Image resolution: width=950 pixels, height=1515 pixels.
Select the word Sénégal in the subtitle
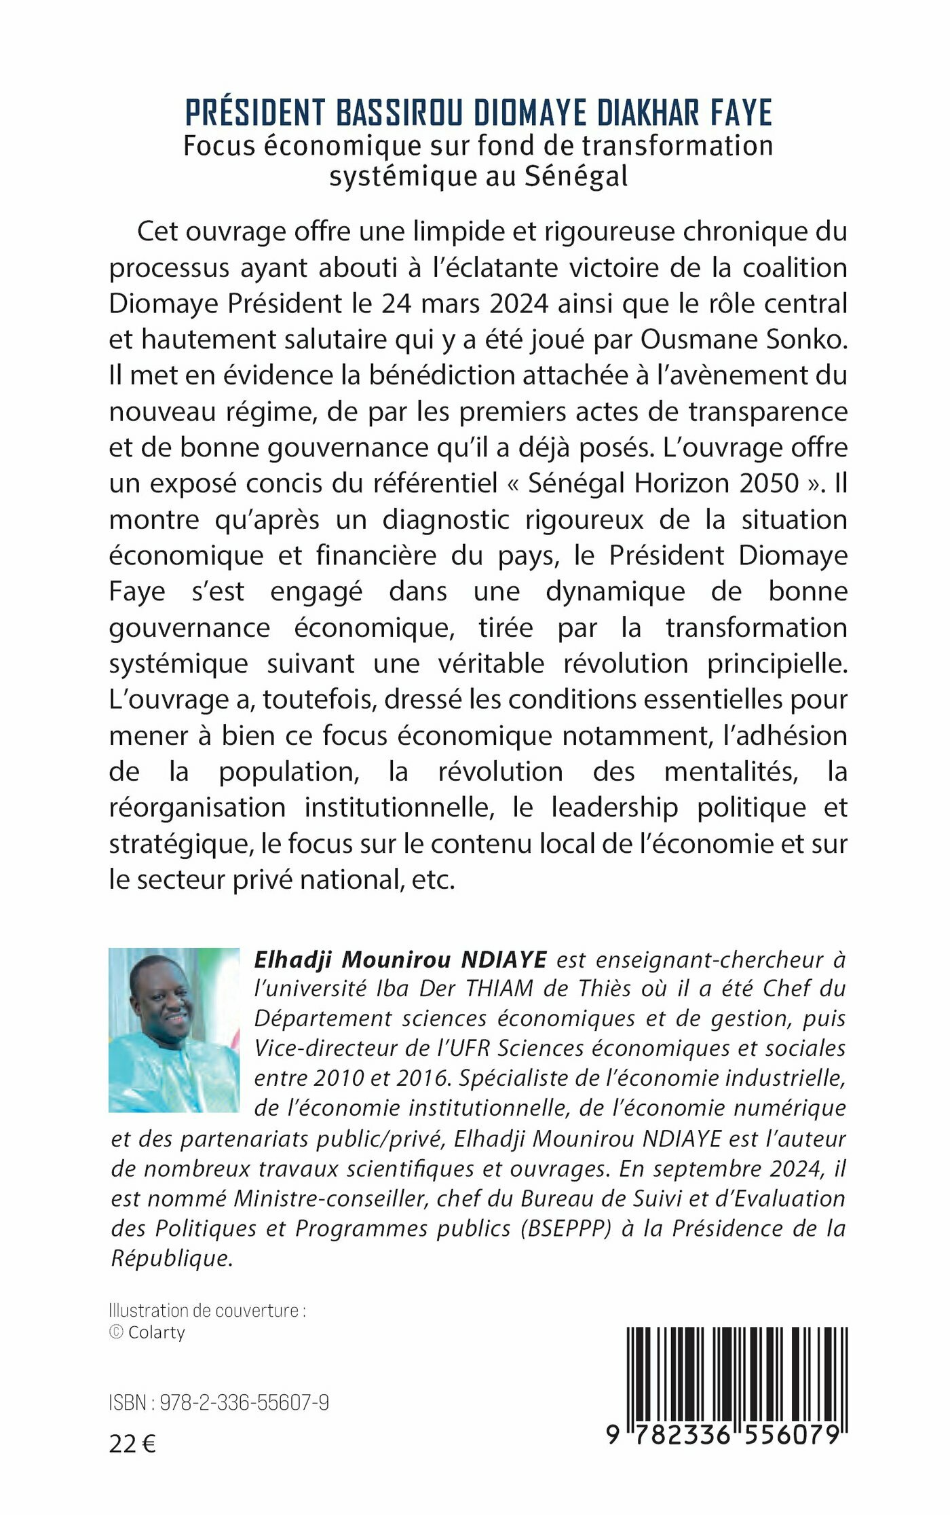576,177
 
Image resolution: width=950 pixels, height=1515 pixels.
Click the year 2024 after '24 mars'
519,304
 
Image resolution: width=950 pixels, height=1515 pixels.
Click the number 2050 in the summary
769,483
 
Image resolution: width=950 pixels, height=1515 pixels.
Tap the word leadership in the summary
614,807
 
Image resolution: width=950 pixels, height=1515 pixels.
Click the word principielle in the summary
778,663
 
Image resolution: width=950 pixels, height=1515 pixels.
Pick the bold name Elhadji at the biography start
293,960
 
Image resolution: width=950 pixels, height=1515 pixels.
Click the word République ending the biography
172,1258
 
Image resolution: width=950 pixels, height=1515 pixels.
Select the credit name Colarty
156,1332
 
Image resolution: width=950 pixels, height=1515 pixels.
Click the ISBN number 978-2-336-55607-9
244,1403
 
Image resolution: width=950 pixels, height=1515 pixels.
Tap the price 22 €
132,1444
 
